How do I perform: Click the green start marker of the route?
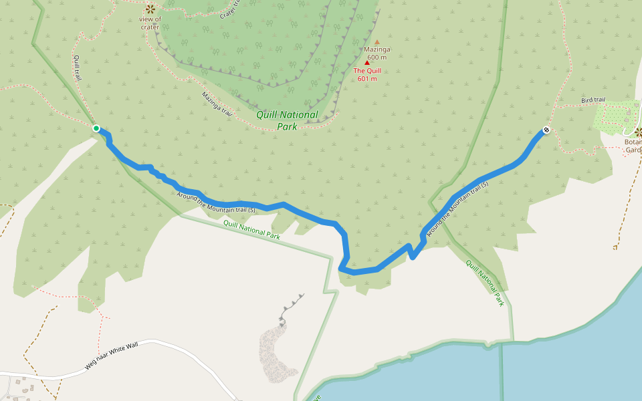[96, 128]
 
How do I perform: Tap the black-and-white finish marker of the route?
[546, 130]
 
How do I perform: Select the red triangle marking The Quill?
[367, 63]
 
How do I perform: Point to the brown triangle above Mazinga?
[377, 42]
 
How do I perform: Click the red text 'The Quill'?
[367, 71]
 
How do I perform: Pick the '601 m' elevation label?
[367, 79]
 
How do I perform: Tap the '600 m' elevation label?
[377, 57]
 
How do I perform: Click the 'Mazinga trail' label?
[217, 104]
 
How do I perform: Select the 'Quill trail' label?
[78, 68]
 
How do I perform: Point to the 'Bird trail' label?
[593, 100]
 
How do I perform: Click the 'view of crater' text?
[150, 23]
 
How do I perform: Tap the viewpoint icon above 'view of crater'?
[150, 9]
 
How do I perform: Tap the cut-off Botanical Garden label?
[633, 146]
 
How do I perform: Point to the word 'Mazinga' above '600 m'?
[377, 49]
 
